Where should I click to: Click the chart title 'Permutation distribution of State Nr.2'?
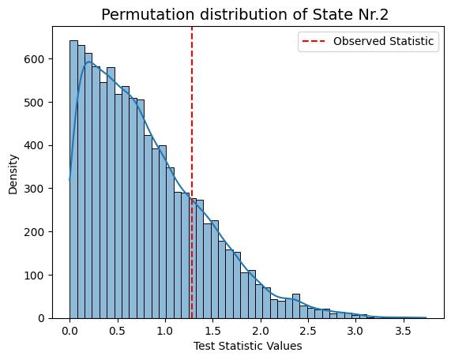[245, 14]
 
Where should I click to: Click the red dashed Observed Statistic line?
[192, 173]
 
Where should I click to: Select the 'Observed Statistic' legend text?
[383, 41]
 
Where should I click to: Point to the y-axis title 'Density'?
[13, 174]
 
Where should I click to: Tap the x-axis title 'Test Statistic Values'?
[248, 346]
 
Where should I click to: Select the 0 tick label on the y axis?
[41, 319]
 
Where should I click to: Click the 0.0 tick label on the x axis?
[70, 332]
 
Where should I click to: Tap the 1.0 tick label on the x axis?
[165, 332]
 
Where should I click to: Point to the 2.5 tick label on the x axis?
[308, 332]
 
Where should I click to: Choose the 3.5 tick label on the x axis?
[403, 332]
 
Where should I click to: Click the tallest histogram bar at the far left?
[73, 179]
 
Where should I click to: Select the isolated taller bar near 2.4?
[296, 306]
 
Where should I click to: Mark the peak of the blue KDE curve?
[89, 62]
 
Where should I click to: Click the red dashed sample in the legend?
[314, 41]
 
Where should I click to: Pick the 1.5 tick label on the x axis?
[212, 332]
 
